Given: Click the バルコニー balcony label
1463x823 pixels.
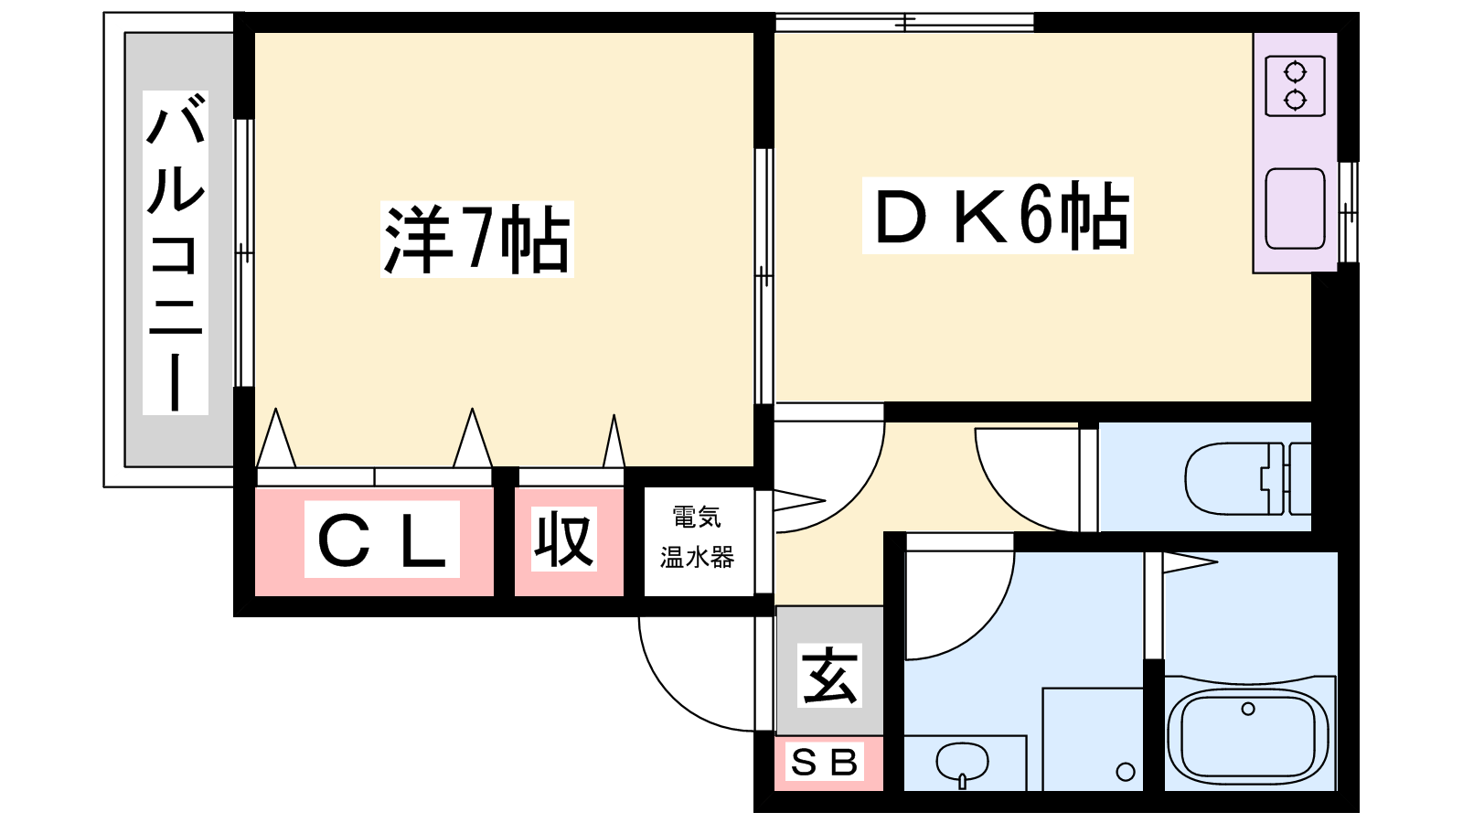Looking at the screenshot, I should click(x=176, y=252).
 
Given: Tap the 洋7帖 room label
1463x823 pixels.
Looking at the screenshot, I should click(x=476, y=240).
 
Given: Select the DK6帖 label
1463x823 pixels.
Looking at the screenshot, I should click(x=998, y=216).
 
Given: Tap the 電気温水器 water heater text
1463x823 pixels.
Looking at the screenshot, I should click(x=698, y=538).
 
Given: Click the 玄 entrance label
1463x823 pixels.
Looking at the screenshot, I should click(x=829, y=675).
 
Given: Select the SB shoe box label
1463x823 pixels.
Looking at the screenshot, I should click(x=826, y=762).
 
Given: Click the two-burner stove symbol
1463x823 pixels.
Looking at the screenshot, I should click(x=1295, y=86).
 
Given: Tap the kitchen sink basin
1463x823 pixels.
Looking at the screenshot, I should click(x=1295, y=208).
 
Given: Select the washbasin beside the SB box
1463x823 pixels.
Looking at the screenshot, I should click(x=962, y=762).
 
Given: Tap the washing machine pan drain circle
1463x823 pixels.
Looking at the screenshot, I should click(x=1126, y=772).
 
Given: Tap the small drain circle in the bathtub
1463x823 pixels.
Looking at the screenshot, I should click(x=1247, y=709).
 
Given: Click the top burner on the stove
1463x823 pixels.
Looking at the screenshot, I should click(x=1295, y=71).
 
